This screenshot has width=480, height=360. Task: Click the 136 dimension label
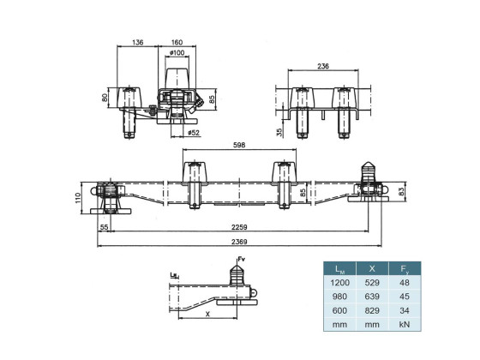(x=138, y=42)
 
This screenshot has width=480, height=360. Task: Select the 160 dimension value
(x=177, y=42)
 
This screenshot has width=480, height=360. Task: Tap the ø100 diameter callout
(x=177, y=52)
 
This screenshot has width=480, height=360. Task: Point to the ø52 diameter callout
(x=194, y=133)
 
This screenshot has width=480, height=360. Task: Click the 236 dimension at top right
(x=323, y=66)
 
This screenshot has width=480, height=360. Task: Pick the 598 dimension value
(x=239, y=145)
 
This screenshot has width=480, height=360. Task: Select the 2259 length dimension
(x=239, y=227)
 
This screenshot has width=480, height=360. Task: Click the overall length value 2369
(x=239, y=242)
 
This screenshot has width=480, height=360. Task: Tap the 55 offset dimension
(x=105, y=227)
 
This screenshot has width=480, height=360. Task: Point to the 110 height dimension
(x=77, y=198)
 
